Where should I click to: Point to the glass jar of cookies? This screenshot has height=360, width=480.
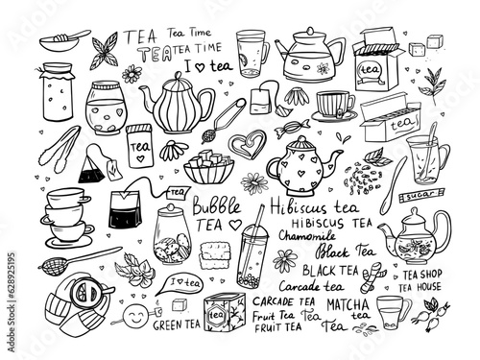pos(180,228)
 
